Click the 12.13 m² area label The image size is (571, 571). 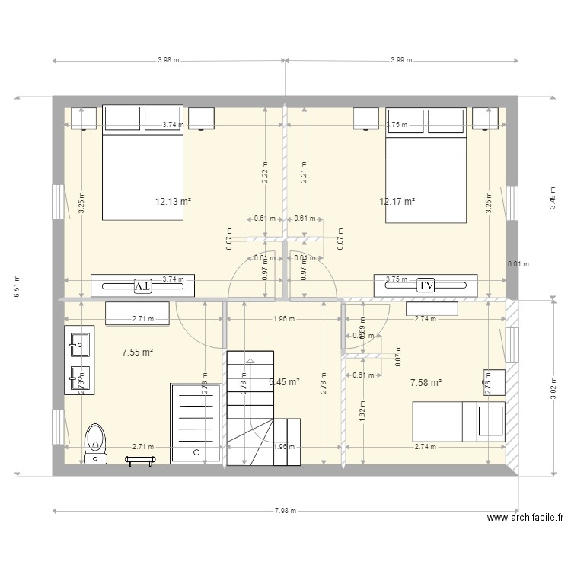pos(172,202)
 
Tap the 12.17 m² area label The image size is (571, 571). pos(397,202)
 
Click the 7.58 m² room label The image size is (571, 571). pos(426,383)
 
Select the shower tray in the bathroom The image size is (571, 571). pos(196,423)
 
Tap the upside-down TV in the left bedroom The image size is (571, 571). pos(142,285)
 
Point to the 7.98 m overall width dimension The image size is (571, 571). pos(286,511)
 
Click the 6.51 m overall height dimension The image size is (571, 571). pos(17,286)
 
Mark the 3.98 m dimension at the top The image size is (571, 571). pos(168,60)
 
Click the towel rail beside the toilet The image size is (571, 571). pos(140,459)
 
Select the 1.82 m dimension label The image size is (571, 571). pos(362,416)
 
